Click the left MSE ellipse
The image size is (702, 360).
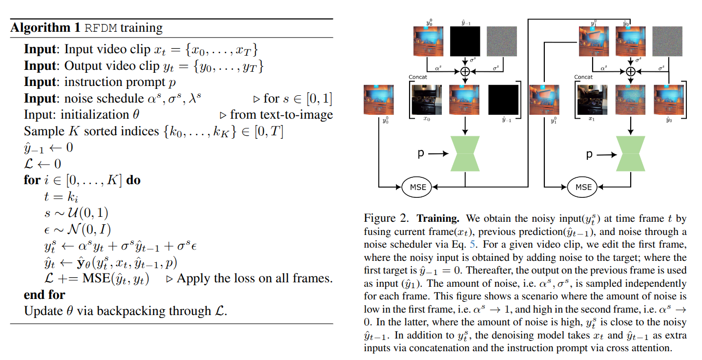(x=417, y=187)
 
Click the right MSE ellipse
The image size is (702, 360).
(x=583, y=187)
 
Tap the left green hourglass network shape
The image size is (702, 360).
(x=465, y=154)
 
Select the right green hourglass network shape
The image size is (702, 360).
(x=631, y=154)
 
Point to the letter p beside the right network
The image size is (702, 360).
(x=589, y=154)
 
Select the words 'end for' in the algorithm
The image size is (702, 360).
(x=44, y=295)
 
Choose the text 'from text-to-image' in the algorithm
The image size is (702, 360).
(x=281, y=114)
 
